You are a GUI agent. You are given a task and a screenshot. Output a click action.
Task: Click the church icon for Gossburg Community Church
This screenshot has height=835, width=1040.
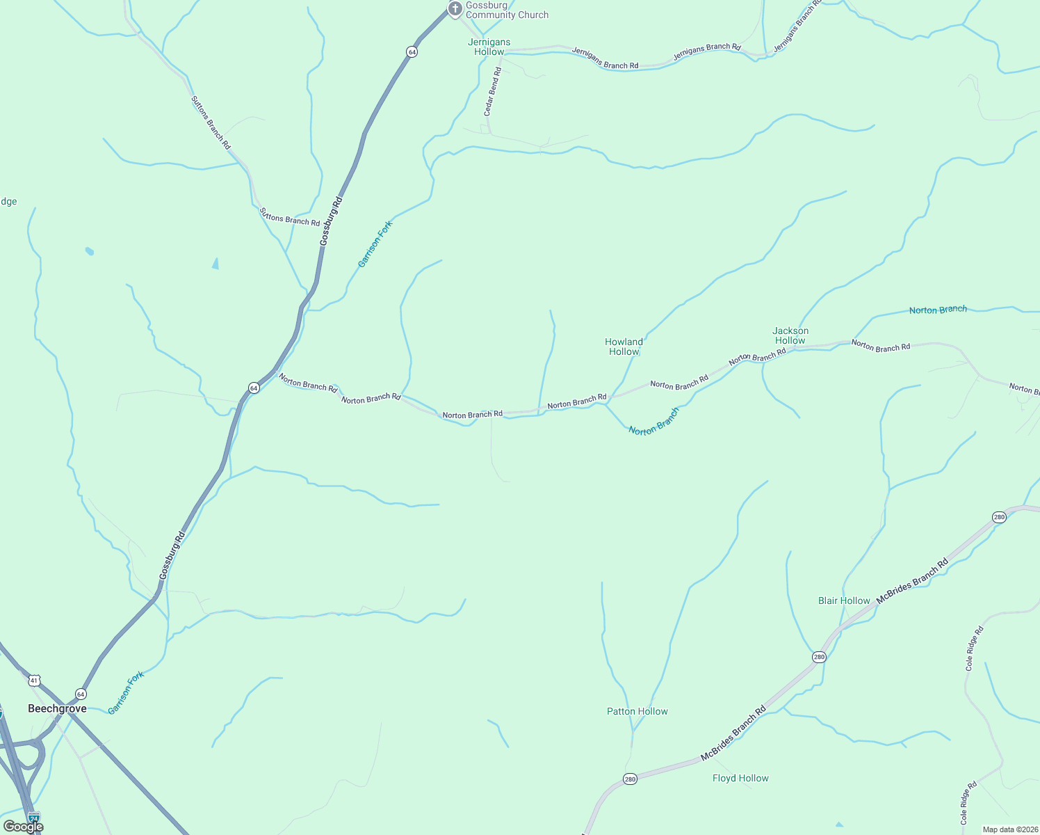coord(455,8)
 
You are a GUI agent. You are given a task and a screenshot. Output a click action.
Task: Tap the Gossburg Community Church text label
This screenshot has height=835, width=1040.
coord(507,10)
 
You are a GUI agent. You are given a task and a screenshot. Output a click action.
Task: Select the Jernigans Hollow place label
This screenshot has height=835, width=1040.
coord(489,47)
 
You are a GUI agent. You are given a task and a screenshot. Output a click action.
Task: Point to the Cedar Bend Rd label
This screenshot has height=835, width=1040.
coord(492,91)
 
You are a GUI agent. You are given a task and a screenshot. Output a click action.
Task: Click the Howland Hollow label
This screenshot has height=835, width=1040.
coord(624,347)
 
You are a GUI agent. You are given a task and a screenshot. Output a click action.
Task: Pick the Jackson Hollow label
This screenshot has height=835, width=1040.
coord(790,335)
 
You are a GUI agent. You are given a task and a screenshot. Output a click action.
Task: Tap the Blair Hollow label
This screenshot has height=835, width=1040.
coord(844,601)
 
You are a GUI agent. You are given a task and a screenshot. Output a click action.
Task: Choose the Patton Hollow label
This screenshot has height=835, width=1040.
coord(637,711)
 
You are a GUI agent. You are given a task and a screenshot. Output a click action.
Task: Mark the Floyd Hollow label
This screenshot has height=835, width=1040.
coord(740,778)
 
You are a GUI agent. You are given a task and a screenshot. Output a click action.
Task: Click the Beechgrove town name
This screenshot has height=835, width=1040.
coord(57,708)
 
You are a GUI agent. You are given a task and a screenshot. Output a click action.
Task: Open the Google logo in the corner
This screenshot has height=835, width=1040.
coord(24,827)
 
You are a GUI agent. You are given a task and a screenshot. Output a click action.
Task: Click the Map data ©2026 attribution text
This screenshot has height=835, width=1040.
coord(1009,829)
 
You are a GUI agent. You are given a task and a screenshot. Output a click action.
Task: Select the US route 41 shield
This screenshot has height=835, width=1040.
coord(35,680)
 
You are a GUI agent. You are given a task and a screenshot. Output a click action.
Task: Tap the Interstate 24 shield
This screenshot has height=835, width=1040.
coord(33,817)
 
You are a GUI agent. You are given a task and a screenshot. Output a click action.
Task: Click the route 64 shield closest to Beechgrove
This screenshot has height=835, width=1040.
coord(81,694)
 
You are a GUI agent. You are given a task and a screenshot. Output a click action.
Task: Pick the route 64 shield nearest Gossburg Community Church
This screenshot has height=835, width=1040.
coord(412,52)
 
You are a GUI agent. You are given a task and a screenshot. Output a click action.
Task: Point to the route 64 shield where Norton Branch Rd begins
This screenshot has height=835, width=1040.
coord(254,388)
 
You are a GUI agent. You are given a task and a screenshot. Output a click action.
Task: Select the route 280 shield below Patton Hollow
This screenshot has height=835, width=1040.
coord(629,778)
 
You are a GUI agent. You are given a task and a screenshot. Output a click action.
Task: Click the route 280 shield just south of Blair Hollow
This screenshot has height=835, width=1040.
coord(819,657)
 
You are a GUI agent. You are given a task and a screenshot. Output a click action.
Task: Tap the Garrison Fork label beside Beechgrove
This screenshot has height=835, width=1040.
coord(126,692)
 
